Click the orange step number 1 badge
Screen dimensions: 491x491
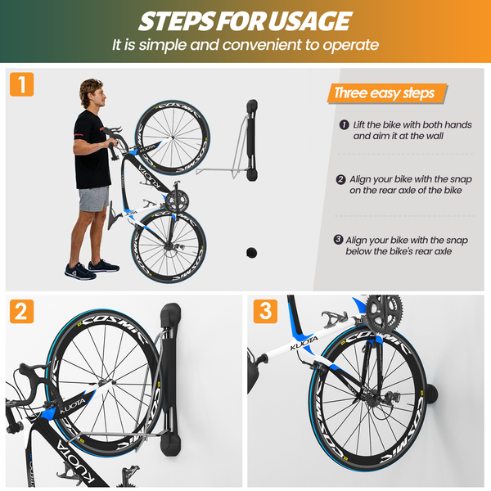21,84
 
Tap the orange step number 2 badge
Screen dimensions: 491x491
21,311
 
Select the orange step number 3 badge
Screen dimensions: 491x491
265,311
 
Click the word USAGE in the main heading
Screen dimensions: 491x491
309,21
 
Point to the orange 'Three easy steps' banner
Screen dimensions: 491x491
387,93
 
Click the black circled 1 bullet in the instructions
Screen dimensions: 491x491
345,124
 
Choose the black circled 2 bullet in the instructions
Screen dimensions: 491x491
340,179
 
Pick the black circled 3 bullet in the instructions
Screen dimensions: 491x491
338,240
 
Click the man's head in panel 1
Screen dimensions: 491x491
92,92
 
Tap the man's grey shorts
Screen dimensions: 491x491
93,199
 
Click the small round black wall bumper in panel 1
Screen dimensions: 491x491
251,252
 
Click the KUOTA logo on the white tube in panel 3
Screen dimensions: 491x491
304,343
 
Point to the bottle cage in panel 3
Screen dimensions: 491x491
334,319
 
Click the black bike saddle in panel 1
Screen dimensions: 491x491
112,216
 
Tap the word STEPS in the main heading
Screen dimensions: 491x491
176,21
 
